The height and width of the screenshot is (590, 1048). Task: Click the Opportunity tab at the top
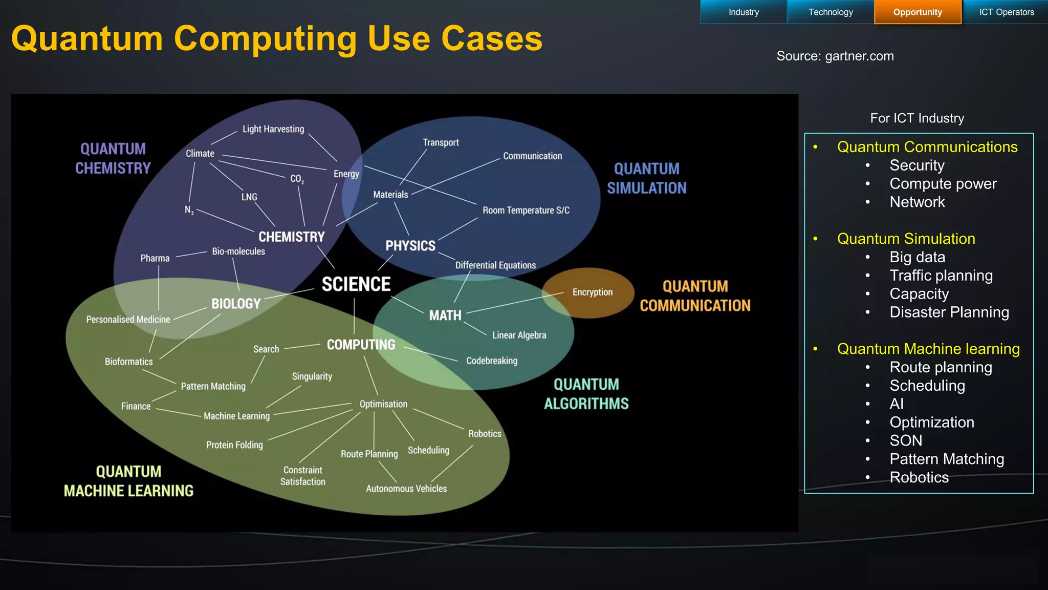click(918, 12)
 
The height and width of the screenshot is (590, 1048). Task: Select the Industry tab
click(744, 12)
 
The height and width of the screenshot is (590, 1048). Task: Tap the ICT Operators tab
click(1006, 12)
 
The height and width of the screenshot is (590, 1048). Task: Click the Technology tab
click(831, 12)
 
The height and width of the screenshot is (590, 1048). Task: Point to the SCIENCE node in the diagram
click(356, 284)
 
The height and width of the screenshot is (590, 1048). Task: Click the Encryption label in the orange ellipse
click(592, 292)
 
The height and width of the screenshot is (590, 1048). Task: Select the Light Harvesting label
click(273, 129)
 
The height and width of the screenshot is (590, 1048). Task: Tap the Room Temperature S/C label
click(526, 210)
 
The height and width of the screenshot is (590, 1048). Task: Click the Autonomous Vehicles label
click(406, 489)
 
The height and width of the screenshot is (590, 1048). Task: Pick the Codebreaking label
click(492, 361)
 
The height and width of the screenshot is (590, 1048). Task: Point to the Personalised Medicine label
click(128, 320)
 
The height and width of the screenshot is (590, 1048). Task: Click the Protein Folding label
click(234, 445)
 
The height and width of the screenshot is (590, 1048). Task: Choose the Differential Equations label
click(495, 265)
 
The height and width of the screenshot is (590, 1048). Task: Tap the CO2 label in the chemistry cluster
click(297, 179)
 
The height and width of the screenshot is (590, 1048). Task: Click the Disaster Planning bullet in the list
click(949, 312)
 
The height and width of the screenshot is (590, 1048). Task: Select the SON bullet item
click(906, 440)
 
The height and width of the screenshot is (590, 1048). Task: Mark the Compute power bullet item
click(943, 184)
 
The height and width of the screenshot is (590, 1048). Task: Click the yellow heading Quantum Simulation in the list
click(906, 239)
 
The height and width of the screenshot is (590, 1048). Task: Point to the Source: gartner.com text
click(835, 56)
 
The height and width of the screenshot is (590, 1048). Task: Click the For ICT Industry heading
click(917, 118)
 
